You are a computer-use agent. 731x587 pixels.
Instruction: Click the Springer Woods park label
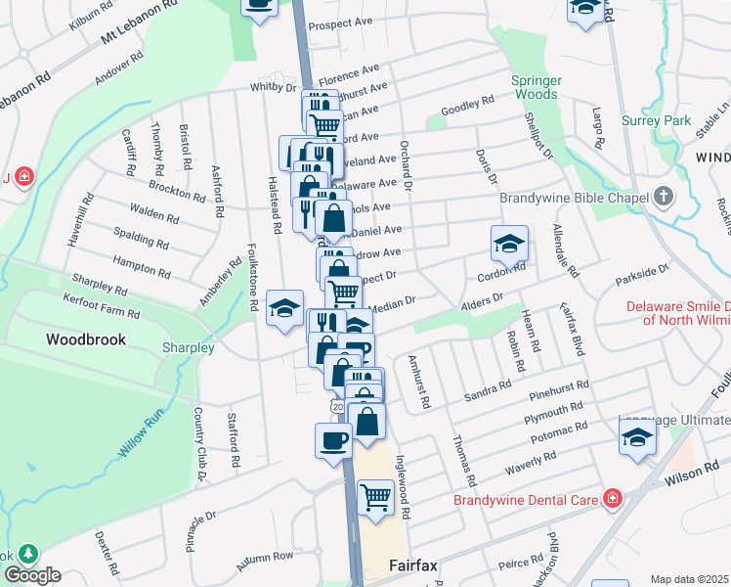[534, 88]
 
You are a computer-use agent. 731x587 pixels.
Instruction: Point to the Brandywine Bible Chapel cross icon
[664, 197]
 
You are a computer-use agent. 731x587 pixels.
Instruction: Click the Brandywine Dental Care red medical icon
[612, 499]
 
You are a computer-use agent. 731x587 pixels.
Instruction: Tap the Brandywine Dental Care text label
[526, 500]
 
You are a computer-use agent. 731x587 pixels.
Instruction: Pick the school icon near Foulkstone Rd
[284, 310]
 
